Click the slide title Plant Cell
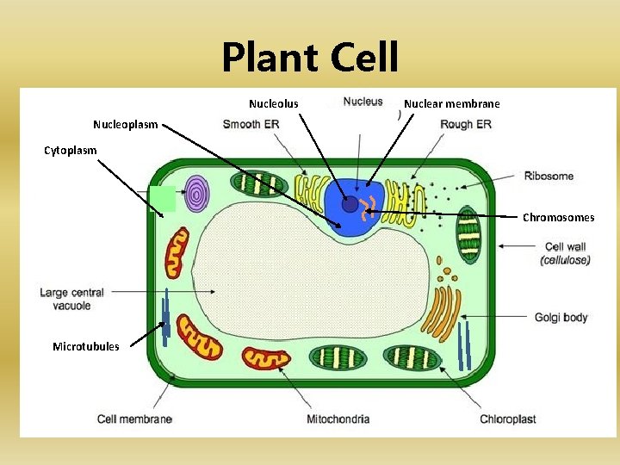310,59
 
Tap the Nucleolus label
274,104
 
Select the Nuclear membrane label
451,104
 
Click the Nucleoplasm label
126,124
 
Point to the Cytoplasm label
71,151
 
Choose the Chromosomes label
558,218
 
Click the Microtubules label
86,346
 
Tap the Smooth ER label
251,124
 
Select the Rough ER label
465,124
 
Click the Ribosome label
549,177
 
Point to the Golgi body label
561,318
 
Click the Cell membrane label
134,419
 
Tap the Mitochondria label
338,419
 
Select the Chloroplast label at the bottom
507,419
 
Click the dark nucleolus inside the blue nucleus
350,204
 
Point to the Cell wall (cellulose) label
566,253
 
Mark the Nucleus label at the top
363,102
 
